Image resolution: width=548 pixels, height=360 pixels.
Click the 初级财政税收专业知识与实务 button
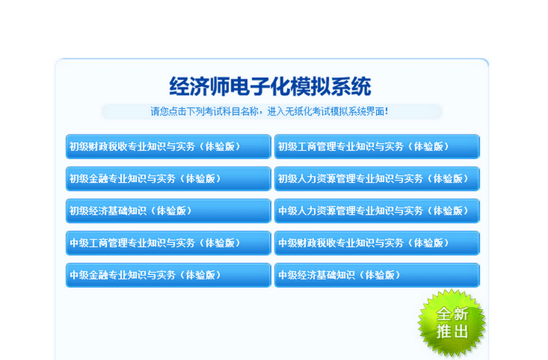point(168,146)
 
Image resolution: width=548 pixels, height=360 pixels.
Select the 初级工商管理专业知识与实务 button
point(377,146)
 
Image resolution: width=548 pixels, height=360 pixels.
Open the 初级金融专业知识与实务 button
point(168,179)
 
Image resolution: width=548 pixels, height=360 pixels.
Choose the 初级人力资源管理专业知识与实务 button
point(377,179)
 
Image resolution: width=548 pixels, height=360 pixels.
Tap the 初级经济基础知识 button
point(168,211)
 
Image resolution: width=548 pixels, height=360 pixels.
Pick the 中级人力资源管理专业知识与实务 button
point(377,211)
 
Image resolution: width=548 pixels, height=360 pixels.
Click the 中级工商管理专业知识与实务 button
point(168,243)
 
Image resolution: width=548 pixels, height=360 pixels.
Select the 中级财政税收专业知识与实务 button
point(377,243)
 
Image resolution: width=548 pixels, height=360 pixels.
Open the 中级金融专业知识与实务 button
point(168,275)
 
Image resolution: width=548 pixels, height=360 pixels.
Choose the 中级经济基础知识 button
point(377,275)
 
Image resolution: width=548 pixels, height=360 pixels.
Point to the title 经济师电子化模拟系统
point(270,87)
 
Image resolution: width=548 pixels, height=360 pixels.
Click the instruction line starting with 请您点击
point(270,110)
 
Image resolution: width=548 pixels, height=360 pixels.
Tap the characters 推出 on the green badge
point(452,332)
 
